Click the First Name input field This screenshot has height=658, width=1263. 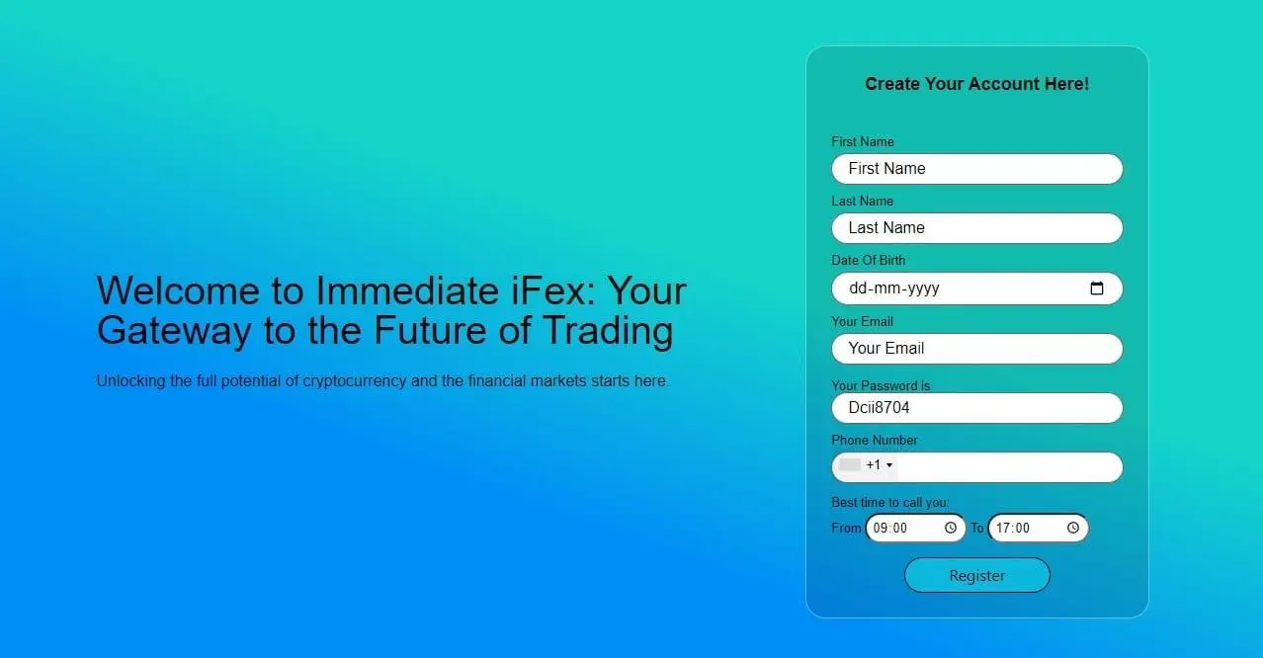pyautogui.click(x=976, y=169)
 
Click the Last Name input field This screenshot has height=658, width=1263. pyautogui.click(x=976, y=228)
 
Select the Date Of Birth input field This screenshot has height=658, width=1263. pyautogui.click(x=959, y=288)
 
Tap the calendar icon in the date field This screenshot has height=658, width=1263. pyautogui.click(x=1096, y=288)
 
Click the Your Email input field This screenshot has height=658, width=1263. pyautogui.click(x=976, y=349)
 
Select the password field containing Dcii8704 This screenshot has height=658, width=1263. pyautogui.click(x=976, y=408)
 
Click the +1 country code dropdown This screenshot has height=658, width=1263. pyautogui.click(x=867, y=465)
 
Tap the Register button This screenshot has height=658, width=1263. pyautogui.click(x=976, y=576)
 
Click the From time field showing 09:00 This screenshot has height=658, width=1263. pyautogui.click(x=904, y=529)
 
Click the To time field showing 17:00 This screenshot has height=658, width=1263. pyautogui.click(x=1028, y=529)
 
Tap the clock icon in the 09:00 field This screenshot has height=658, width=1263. pyautogui.click(x=950, y=529)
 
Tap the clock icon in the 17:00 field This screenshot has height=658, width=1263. pyautogui.click(x=1073, y=529)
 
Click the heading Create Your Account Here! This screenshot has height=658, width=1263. pyautogui.click(x=976, y=85)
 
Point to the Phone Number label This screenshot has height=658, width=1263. pyautogui.click(x=875, y=441)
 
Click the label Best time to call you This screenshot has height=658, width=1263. pyautogui.click(x=889, y=503)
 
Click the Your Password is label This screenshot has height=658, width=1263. pyautogui.click(x=881, y=385)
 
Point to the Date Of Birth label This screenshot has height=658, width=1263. pyautogui.click(x=868, y=261)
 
